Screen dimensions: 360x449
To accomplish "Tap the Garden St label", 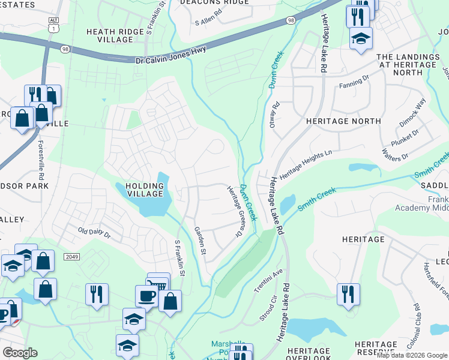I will click(199, 240).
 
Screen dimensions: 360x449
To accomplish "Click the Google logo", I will click(20, 353).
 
